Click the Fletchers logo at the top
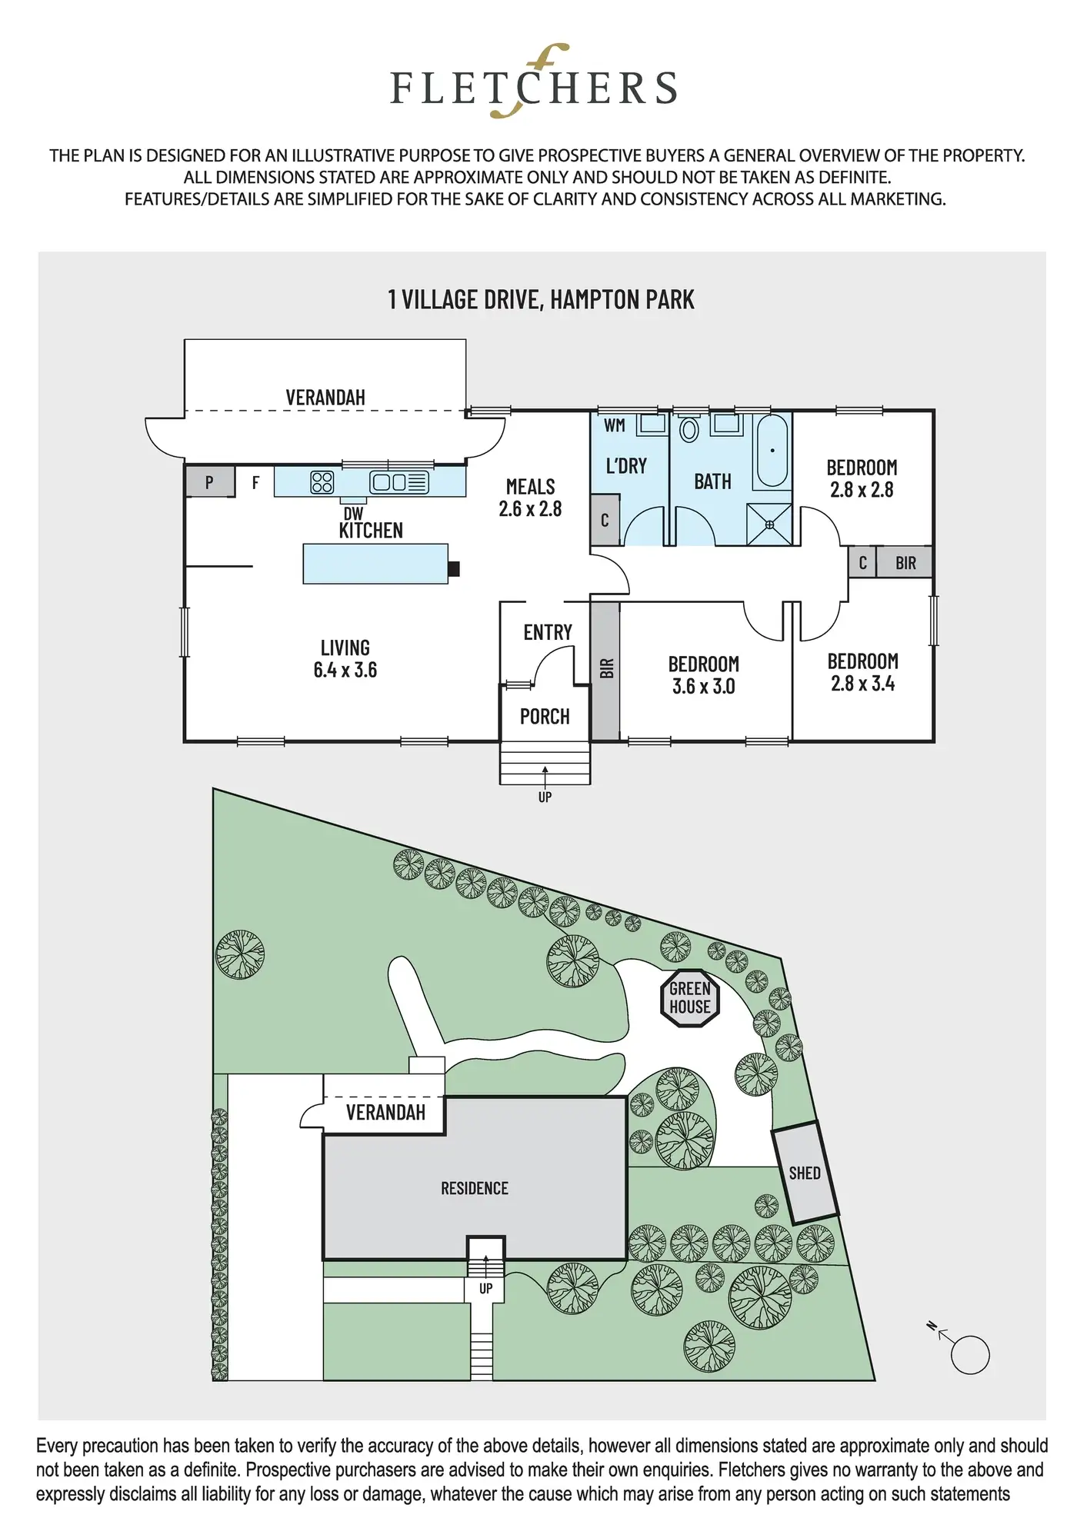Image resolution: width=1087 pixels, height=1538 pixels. click(x=534, y=83)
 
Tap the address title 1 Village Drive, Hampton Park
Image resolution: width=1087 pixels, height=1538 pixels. click(x=541, y=299)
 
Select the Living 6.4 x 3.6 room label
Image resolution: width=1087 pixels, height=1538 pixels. click(x=345, y=658)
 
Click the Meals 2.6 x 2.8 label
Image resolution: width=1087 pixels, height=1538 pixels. click(x=530, y=498)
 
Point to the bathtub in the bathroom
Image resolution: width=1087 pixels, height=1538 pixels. click(x=772, y=451)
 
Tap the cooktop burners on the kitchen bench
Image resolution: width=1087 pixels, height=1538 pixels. click(x=322, y=482)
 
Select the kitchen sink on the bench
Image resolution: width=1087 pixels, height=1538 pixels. click(x=398, y=482)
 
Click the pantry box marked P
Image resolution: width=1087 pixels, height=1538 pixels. click(x=209, y=482)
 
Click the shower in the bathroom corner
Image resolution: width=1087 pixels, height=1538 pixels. click(x=769, y=524)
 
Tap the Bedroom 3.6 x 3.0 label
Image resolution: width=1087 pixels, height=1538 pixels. click(x=703, y=674)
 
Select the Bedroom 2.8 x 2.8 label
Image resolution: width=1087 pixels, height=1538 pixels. click(x=862, y=478)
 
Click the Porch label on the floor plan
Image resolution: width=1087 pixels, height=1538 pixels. click(x=545, y=717)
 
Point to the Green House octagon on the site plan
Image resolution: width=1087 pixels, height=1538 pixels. click(x=690, y=998)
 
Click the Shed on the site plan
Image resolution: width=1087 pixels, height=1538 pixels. click(x=805, y=1173)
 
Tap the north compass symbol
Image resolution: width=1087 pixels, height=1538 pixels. click(x=968, y=1355)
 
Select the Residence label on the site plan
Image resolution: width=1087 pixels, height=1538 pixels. click(x=474, y=1188)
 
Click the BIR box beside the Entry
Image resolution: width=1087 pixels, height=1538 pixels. click(x=606, y=669)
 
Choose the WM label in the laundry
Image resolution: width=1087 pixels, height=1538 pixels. click(x=614, y=425)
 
